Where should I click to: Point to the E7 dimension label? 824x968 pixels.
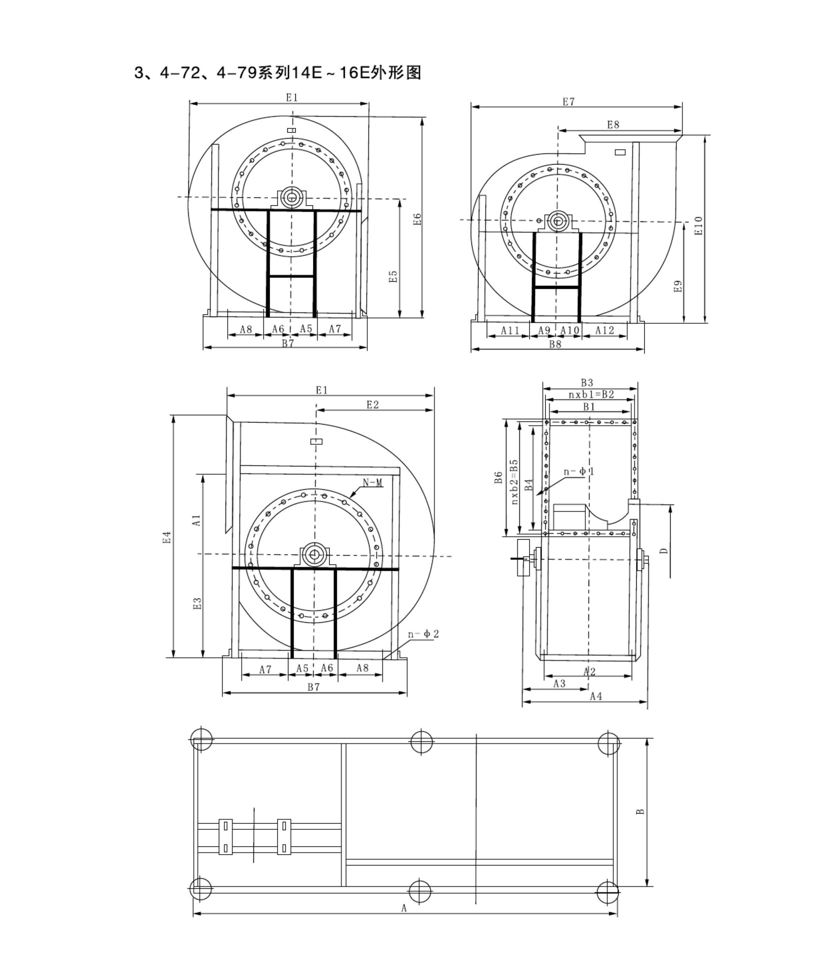[568, 101]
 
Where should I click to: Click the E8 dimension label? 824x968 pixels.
[613, 125]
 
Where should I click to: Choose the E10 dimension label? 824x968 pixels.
[698, 226]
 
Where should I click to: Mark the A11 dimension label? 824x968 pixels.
[510, 330]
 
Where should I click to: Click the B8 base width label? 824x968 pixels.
[555, 344]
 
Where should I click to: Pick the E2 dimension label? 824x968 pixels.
[372, 405]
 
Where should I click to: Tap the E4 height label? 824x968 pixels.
[167, 537]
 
